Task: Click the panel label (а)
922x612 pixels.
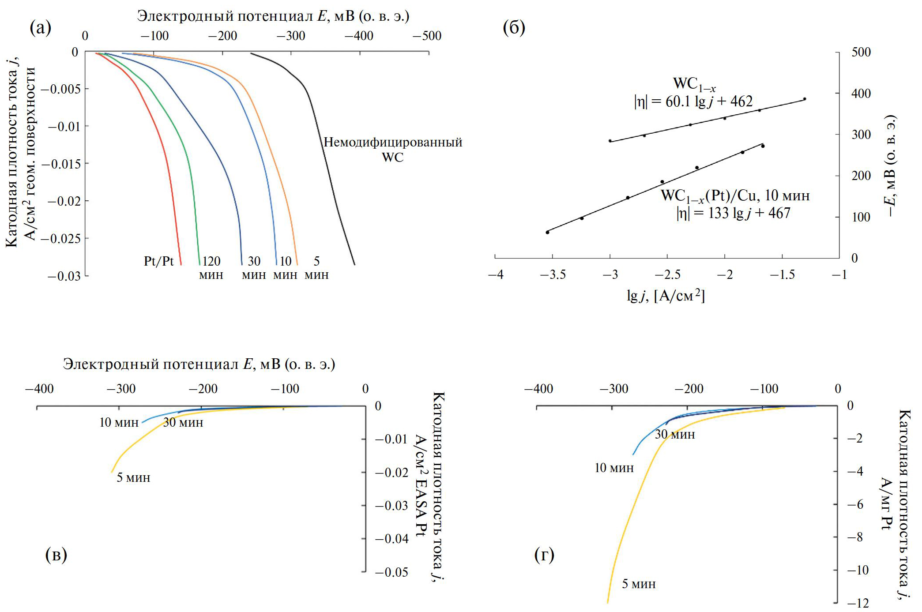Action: pyautogui.click(x=40, y=28)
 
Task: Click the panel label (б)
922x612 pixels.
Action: pyautogui.click(x=514, y=28)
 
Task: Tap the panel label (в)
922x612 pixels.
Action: pyautogui.click(x=56, y=555)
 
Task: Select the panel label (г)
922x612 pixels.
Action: pyautogui.click(x=544, y=555)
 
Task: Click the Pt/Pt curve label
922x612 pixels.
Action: pyautogui.click(x=159, y=261)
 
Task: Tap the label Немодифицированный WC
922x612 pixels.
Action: pyautogui.click(x=393, y=150)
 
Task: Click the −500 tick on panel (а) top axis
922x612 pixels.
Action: pyautogui.click(x=427, y=36)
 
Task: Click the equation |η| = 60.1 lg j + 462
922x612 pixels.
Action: pyautogui.click(x=693, y=102)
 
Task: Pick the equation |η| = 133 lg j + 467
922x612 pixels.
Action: pyautogui.click(x=733, y=214)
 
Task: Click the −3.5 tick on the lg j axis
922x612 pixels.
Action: pyautogui.click(x=553, y=275)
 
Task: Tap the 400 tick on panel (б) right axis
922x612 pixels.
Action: pyautogui.click(x=861, y=94)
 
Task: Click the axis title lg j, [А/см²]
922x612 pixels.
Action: pyautogui.click(x=665, y=296)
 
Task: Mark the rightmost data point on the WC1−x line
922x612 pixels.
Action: pyautogui.click(x=805, y=99)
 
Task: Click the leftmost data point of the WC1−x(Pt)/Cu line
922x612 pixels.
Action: pyautogui.click(x=547, y=232)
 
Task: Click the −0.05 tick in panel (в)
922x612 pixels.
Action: pyautogui.click(x=391, y=572)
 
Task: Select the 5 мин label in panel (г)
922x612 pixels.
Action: pyautogui.click(x=639, y=584)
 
